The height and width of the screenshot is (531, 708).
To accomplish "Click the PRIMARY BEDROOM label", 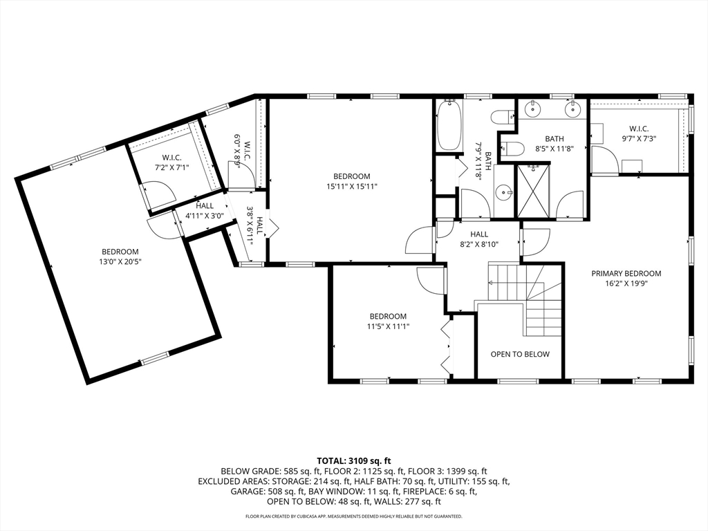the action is pos(626,273).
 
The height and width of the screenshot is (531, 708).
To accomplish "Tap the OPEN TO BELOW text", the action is pos(520,354).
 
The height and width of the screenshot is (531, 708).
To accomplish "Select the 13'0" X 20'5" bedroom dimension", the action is pos(120,261).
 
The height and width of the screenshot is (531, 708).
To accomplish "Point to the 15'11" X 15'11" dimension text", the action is pos(352,186).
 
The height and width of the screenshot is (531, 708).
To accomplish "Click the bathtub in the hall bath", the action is pos(449,125).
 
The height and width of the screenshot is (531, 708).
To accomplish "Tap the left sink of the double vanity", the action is pos(533,109).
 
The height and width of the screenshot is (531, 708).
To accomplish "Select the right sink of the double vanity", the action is pos(573,109).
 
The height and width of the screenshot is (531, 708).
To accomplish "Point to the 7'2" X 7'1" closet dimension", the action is pos(171,167).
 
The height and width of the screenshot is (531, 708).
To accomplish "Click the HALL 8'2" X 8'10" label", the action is pos(479,239).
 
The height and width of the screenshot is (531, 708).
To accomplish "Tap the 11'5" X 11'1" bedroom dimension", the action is pos(388,326).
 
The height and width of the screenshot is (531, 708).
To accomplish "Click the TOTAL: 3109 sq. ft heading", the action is pos(354,461).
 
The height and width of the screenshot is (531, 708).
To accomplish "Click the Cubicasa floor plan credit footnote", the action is pos(353,516).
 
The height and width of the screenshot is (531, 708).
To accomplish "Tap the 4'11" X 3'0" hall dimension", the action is pos(205,216).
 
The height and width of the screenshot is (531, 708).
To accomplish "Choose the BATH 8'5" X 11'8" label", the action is pos(554,143).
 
